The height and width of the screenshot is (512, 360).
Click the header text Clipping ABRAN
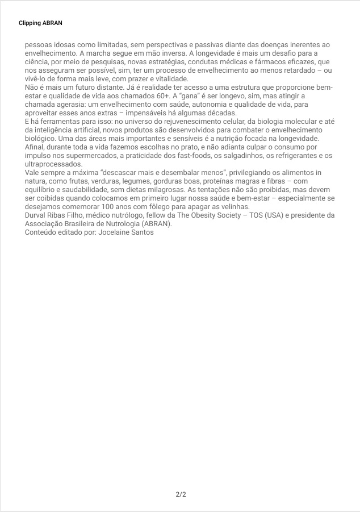click(x=40, y=23)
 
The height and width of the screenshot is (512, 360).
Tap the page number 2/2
click(x=181, y=494)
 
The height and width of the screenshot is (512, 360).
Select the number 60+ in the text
click(x=162, y=96)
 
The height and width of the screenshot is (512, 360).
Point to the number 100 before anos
click(x=109, y=207)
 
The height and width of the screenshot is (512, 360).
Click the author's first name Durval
click(x=37, y=215)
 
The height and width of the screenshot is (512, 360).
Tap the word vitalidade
click(x=169, y=78)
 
